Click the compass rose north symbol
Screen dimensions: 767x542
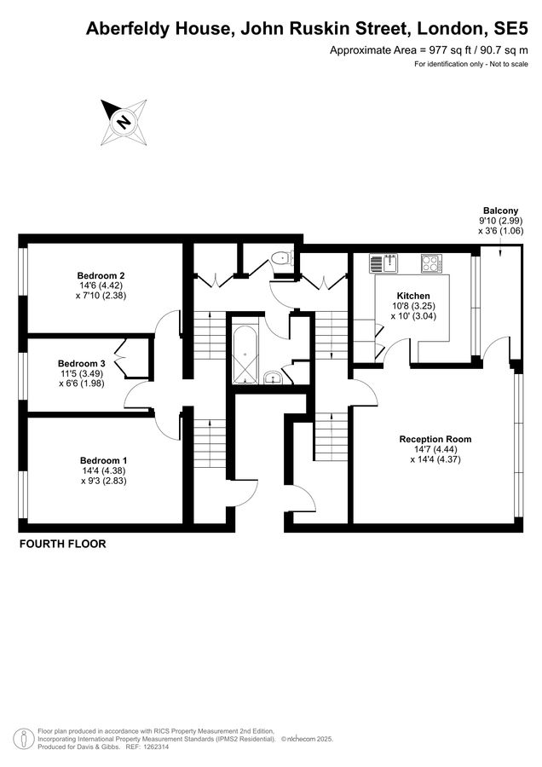coord(124,123)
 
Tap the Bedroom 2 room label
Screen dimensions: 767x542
coord(101,275)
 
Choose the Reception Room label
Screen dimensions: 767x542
coord(435,439)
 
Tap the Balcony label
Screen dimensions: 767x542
coord(500,210)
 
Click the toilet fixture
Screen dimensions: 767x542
coord(281,259)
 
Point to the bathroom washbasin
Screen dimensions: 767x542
coord(272,378)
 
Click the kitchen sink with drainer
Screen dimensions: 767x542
coord(386,262)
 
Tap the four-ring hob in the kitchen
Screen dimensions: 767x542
coord(432,262)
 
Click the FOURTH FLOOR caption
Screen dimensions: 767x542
coord(62,544)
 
